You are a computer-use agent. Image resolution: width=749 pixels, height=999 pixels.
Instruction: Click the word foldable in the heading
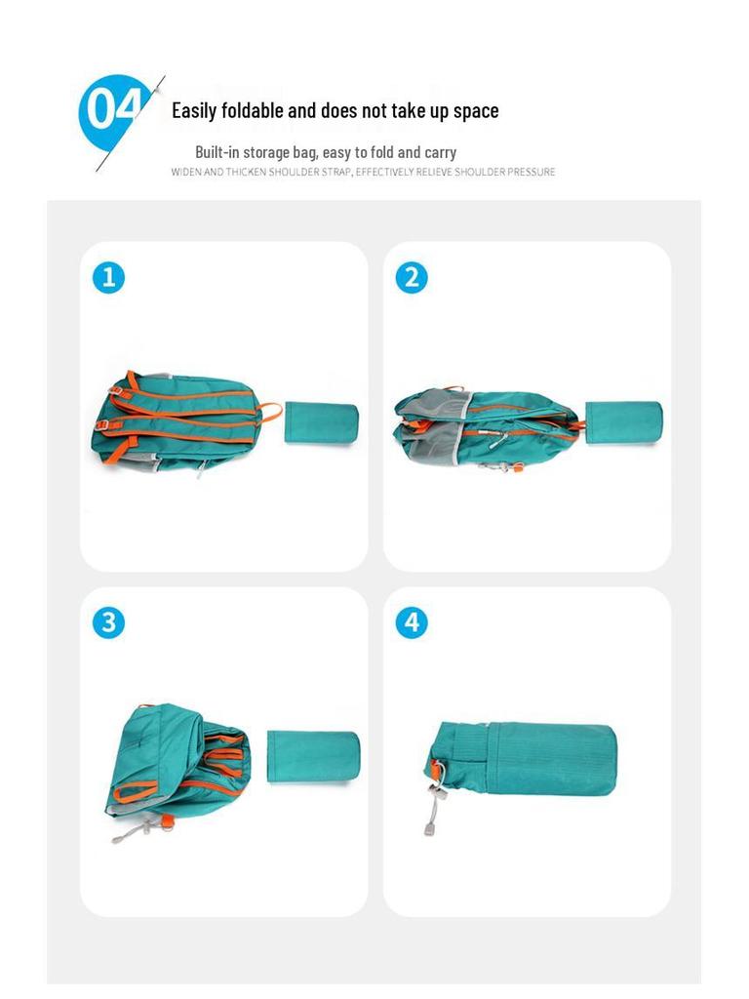click(252, 110)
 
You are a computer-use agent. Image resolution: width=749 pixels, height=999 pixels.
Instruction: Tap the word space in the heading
click(476, 110)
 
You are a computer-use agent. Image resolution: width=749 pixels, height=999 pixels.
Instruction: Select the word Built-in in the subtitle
click(217, 152)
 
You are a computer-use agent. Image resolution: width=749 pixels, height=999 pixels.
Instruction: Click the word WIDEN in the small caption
click(185, 172)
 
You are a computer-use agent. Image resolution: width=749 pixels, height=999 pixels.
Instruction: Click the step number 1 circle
click(108, 277)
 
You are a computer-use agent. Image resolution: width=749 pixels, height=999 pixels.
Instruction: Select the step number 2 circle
click(412, 277)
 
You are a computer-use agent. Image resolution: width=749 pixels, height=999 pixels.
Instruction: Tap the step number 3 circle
click(108, 622)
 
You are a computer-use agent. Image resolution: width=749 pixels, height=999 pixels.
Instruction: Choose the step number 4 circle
click(412, 622)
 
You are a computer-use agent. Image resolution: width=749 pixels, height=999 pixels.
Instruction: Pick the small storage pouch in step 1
click(321, 422)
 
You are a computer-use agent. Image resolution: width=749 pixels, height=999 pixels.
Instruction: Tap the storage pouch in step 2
click(623, 422)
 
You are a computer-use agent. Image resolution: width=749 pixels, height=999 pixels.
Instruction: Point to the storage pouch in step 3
click(313, 754)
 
